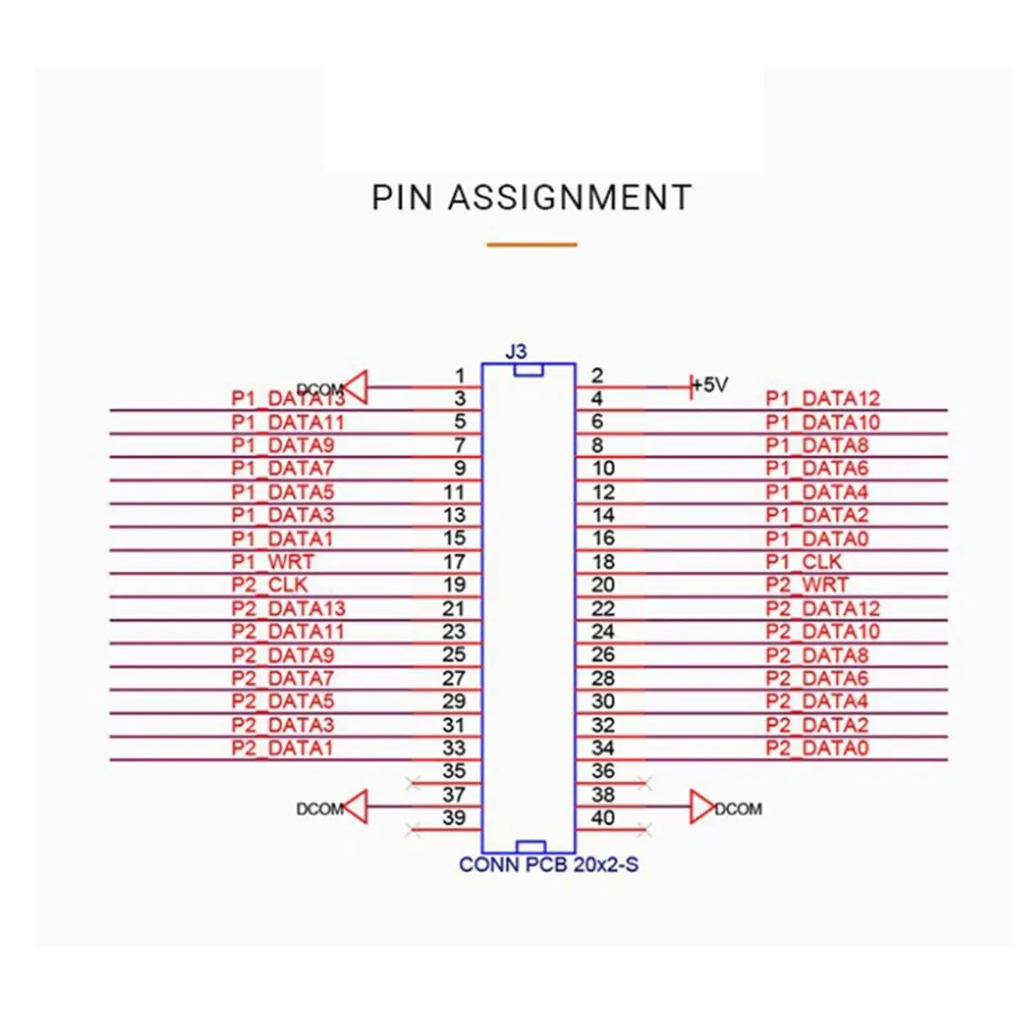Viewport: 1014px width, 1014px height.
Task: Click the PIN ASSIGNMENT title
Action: (532, 197)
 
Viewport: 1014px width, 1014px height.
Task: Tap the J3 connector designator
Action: (515, 352)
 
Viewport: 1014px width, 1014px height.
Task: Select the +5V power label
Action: (710, 385)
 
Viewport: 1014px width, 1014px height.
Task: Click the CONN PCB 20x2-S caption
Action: (548, 864)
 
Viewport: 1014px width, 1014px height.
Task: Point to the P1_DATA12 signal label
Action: (822, 398)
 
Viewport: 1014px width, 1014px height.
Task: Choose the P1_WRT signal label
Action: (272, 561)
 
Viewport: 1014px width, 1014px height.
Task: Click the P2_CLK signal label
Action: (270, 585)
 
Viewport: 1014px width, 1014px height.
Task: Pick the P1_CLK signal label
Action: (804, 561)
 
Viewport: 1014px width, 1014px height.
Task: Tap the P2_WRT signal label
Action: (806, 585)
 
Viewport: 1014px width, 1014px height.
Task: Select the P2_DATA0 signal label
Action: (816, 748)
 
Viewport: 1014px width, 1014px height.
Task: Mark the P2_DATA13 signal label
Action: (288, 608)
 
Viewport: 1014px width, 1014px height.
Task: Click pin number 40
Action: (603, 817)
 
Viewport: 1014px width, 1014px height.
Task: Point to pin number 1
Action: (461, 375)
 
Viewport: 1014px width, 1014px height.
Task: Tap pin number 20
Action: (603, 585)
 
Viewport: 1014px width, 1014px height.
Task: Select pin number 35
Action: (454, 771)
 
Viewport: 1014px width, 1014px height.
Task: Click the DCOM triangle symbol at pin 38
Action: (702, 807)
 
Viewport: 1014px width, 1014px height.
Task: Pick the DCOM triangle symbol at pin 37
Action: (357, 807)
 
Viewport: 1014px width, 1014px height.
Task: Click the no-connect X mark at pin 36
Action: (645, 783)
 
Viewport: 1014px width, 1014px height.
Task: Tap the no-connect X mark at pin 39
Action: (413, 830)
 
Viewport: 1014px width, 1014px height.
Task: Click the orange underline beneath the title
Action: (532, 245)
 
